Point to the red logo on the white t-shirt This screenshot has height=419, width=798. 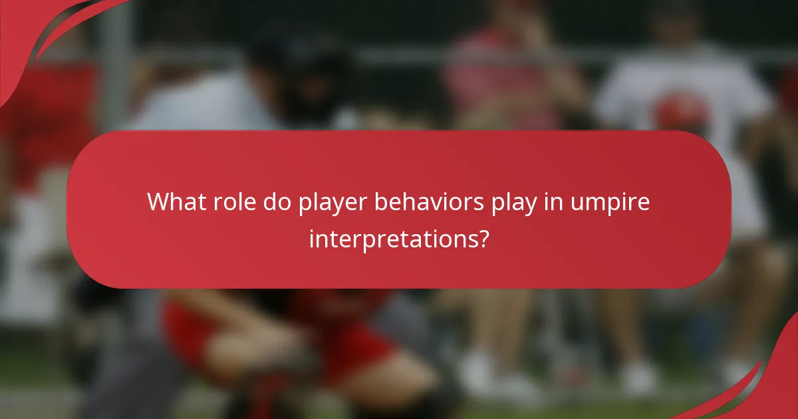(x=682, y=110)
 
